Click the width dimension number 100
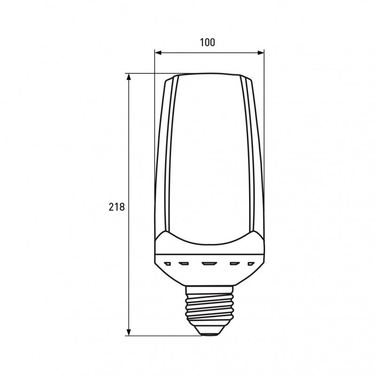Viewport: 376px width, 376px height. (x=207, y=42)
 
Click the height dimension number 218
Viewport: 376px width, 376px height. (x=117, y=207)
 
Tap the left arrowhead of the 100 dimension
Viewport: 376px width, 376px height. (x=158, y=53)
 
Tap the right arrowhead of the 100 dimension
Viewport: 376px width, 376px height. (x=261, y=53)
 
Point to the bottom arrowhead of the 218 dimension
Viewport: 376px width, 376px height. (x=129, y=332)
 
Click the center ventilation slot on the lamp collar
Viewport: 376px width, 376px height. (x=209, y=264)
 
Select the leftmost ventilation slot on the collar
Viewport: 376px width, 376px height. (x=168, y=264)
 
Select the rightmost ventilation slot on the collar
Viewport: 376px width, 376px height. (x=251, y=264)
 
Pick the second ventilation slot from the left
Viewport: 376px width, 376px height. (x=184, y=264)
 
